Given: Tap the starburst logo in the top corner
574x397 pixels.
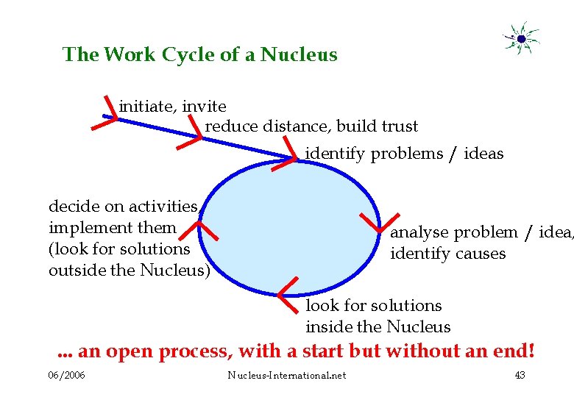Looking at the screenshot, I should [521, 38].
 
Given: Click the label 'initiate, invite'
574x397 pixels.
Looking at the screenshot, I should [172, 107].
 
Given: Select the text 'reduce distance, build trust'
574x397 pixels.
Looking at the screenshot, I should [311, 126].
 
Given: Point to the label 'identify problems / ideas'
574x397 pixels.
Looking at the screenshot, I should [404, 154].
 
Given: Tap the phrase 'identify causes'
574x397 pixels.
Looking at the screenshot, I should [447, 254].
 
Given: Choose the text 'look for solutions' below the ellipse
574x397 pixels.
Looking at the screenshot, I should [373, 305].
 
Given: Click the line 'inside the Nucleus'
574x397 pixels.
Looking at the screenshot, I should [378, 326].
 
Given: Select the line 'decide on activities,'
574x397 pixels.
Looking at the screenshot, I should [124, 206].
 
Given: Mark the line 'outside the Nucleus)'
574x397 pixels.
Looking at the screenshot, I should [129, 271].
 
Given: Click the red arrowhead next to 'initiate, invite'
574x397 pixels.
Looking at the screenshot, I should [107, 115].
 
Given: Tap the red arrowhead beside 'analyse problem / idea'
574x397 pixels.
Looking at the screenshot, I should [373, 222].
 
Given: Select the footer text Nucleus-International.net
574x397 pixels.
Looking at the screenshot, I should [286, 376].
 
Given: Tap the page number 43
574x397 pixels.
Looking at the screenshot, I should [520, 376].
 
